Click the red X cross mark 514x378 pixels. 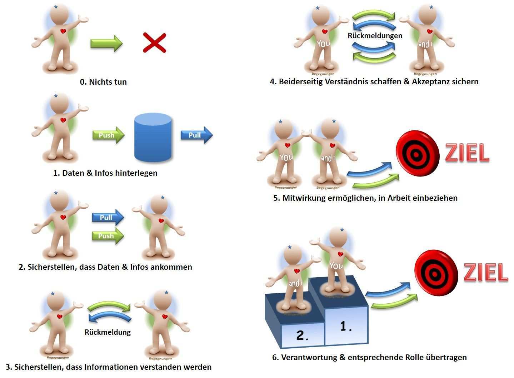pyautogui.click(x=154, y=43)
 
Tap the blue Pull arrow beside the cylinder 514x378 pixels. pyautogui.click(x=196, y=135)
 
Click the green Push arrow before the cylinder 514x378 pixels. pyautogui.click(x=108, y=135)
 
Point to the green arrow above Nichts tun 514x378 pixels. pyautogui.click(x=106, y=43)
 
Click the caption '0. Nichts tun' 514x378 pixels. pyautogui.click(x=103, y=82)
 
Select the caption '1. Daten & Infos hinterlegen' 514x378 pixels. pyautogui.click(x=105, y=173)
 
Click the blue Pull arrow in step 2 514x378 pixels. pyautogui.click(x=108, y=218)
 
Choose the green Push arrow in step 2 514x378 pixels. pyautogui.click(x=108, y=236)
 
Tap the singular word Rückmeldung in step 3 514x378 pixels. pyautogui.click(x=108, y=332)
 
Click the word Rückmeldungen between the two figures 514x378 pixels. pyautogui.click(x=375, y=36)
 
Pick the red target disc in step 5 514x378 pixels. pyautogui.click(x=417, y=154)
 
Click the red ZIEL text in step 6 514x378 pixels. pyautogui.click(x=485, y=273)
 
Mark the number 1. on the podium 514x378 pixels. pyautogui.click(x=346, y=326)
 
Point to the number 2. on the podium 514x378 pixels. pyautogui.click(x=302, y=336)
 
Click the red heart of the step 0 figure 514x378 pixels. pyautogui.click(x=63, y=31)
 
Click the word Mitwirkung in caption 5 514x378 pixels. pyautogui.click(x=304, y=198)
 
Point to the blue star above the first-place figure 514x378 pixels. pyautogui.click(x=343, y=230)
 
